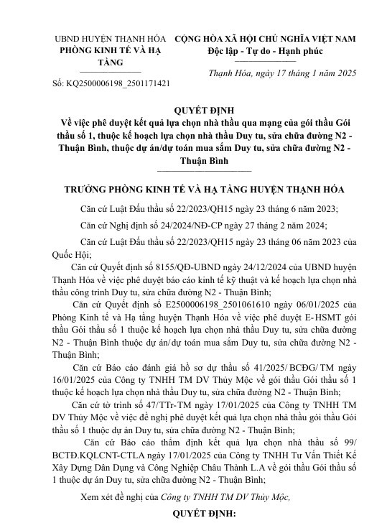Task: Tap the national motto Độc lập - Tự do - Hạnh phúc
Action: click(276, 51)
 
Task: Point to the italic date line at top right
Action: click(277, 73)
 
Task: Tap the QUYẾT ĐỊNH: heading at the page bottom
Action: click(194, 514)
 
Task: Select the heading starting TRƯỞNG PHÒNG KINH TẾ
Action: click(194, 190)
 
